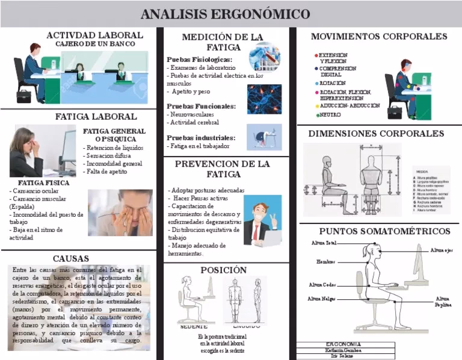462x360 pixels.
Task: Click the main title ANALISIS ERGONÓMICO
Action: (x=226, y=14)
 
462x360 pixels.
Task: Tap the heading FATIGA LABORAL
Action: (x=96, y=116)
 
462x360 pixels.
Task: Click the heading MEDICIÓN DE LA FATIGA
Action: (x=223, y=42)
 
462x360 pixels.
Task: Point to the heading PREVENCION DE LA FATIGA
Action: (x=222, y=169)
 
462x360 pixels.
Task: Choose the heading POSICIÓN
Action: (x=224, y=270)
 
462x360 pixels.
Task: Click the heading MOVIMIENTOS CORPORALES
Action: (x=379, y=37)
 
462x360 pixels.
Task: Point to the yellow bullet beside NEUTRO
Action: (x=316, y=114)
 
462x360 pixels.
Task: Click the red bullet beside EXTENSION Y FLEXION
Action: (x=316, y=55)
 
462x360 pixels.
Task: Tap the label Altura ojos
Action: (x=441, y=250)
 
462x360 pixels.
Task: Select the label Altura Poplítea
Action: (x=442, y=302)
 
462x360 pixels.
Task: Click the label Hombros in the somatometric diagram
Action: (x=325, y=262)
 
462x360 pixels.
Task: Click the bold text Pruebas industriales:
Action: (x=201, y=138)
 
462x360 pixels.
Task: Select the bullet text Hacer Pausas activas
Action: (x=201, y=198)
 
